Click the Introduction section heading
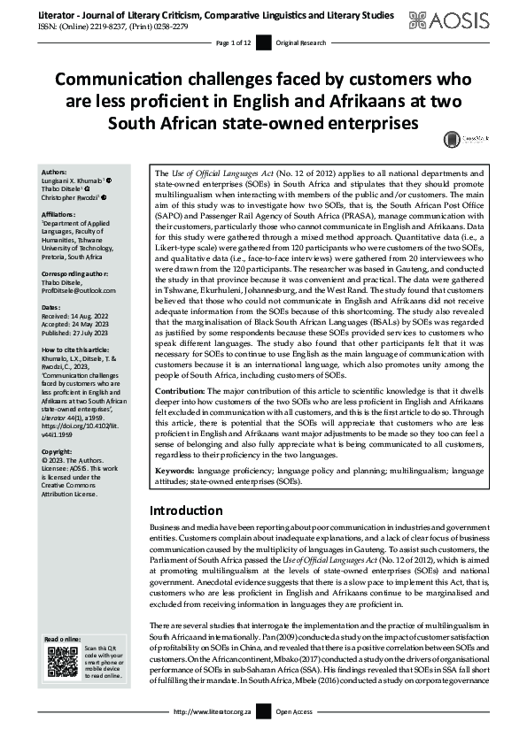(190, 511)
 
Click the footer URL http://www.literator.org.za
(216, 735)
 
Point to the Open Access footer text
(296, 735)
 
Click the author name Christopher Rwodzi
(81, 196)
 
